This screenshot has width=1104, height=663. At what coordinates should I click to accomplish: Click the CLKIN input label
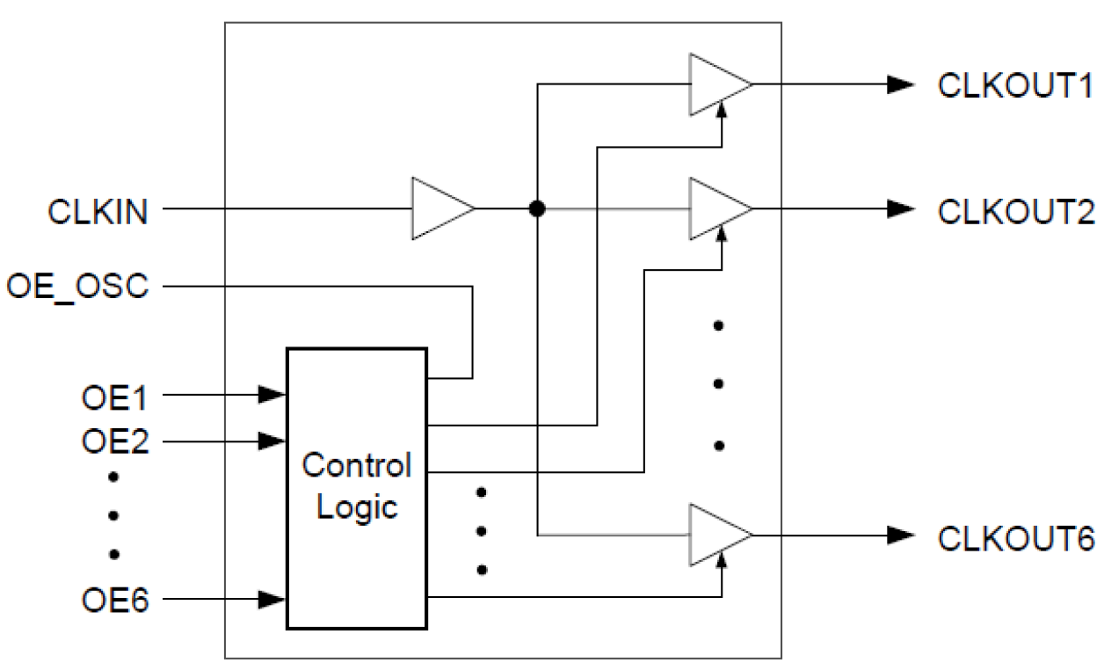pyautogui.click(x=98, y=211)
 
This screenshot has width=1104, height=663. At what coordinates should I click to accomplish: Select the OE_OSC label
pyautogui.click(x=76, y=287)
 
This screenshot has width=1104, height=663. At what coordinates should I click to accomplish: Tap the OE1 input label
pyautogui.click(x=114, y=397)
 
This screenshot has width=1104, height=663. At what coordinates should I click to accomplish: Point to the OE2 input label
pyautogui.click(x=114, y=441)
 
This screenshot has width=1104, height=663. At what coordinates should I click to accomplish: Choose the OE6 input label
pyautogui.click(x=114, y=601)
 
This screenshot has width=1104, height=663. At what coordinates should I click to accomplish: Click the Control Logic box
pyautogui.click(x=356, y=488)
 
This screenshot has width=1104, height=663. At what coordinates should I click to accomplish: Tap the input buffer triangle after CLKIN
pyautogui.click(x=439, y=209)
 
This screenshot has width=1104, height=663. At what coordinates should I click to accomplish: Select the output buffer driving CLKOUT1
pyautogui.click(x=716, y=84)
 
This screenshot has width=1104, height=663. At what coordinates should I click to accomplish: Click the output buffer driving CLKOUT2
pyautogui.click(x=716, y=209)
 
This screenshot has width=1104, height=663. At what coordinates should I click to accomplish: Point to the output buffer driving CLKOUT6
pyautogui.click(x=716, y=535)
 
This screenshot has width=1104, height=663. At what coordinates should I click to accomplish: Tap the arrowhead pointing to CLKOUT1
pyautogui.click(x=901, y=84)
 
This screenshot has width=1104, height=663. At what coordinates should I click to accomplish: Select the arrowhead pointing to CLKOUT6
pyautogui.click(x=901, y=535)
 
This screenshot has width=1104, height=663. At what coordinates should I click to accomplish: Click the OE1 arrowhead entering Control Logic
pyautogui.click(x=272, y=395)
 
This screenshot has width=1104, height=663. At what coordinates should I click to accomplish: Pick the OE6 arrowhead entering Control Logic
pyautogui.click(x=272, y=601)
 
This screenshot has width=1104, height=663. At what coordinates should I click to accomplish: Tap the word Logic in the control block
pyautogui.click(x=356, y=507)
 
